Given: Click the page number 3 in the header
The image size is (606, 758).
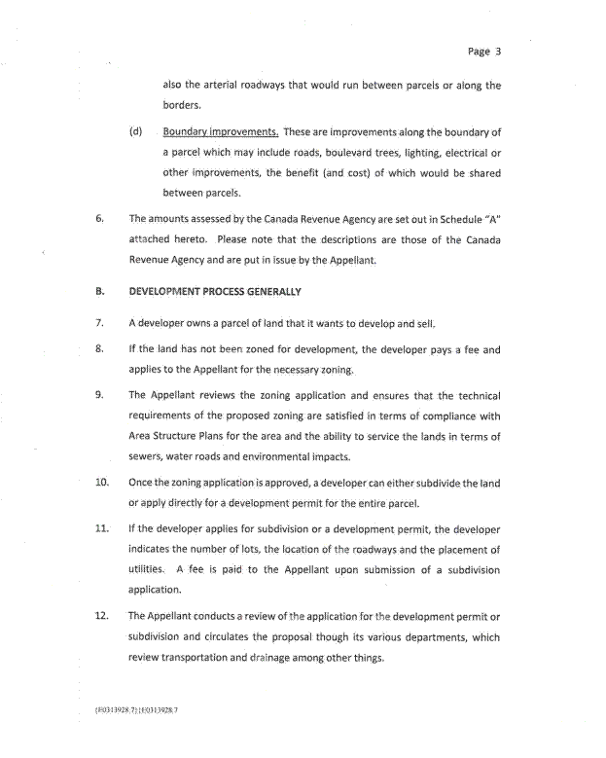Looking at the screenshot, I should (x=497, y=52).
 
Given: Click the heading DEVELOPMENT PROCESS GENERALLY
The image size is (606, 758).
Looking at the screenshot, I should (x=215, y=292).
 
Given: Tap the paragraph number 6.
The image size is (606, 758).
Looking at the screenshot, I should (x=100, y=218).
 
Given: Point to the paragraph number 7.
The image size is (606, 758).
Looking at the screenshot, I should (x=100, y=321).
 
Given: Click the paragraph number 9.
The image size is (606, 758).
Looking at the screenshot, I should (x=100, y=396).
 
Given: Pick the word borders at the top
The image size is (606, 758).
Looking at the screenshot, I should (x=181, y=106).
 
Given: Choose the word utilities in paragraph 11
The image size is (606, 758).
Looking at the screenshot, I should (x=147, y=569).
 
